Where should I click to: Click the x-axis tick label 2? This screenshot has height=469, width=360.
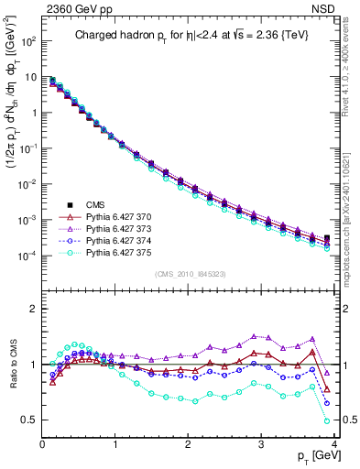[x=189, y=445]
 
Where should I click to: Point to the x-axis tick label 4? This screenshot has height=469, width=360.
[x=335, y=445]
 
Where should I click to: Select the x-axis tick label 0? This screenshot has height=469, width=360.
[x=42, y=445]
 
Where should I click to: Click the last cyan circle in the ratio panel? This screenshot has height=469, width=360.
[x=328, y=421]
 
